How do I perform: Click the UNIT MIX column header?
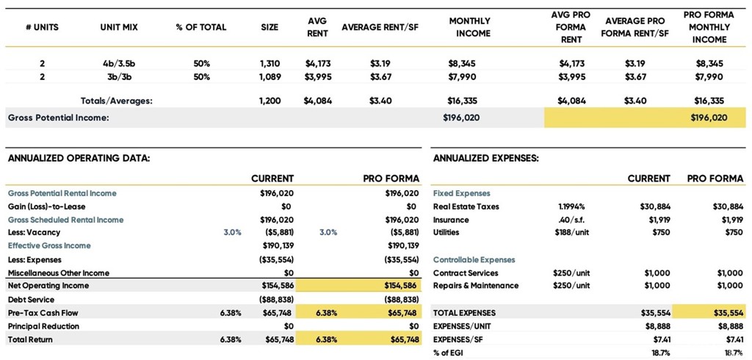(119, 27)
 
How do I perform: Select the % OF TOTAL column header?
(201, 27)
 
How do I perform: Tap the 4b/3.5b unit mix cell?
(119, 63)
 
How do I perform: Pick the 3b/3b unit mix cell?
(119, 76)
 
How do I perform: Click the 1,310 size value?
(270, 63)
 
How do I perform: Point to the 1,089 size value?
(270, 76)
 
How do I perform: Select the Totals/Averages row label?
(116, 101)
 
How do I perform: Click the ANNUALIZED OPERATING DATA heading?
(79, 158)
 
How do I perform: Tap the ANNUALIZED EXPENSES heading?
(485, 158)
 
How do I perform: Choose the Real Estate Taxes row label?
(466, 206)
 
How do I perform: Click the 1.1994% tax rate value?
(571, 206)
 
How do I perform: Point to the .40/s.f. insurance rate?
(571, 220)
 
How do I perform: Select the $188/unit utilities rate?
(571, 233)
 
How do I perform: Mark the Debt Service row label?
(31, 300)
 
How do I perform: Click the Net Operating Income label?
(48, 286)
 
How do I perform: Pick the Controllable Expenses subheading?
(474, 260)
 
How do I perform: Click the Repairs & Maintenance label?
(476, 286)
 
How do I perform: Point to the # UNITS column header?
(42, 27)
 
